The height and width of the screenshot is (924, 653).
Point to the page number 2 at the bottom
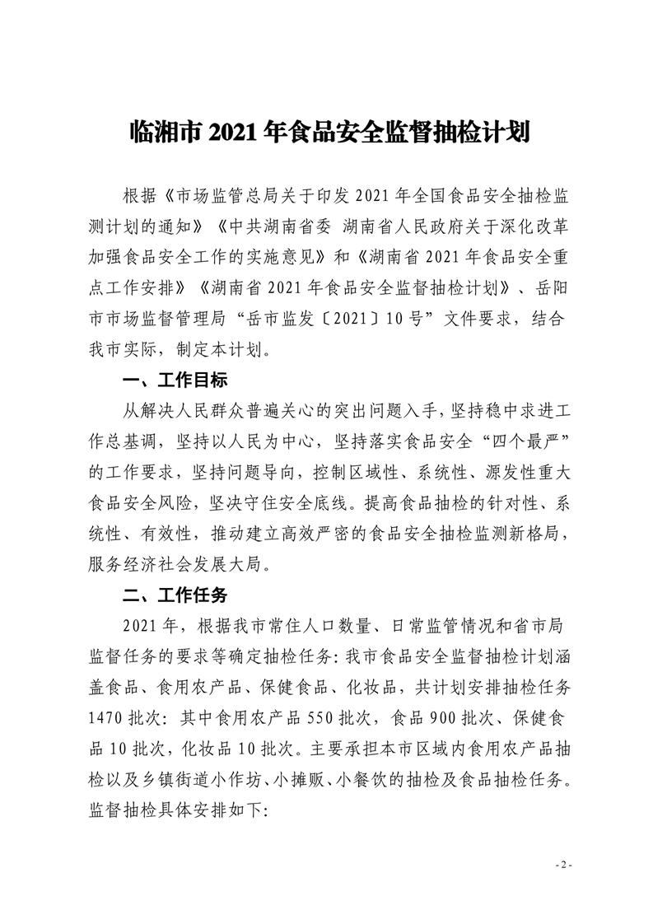(x=563, y=865)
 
